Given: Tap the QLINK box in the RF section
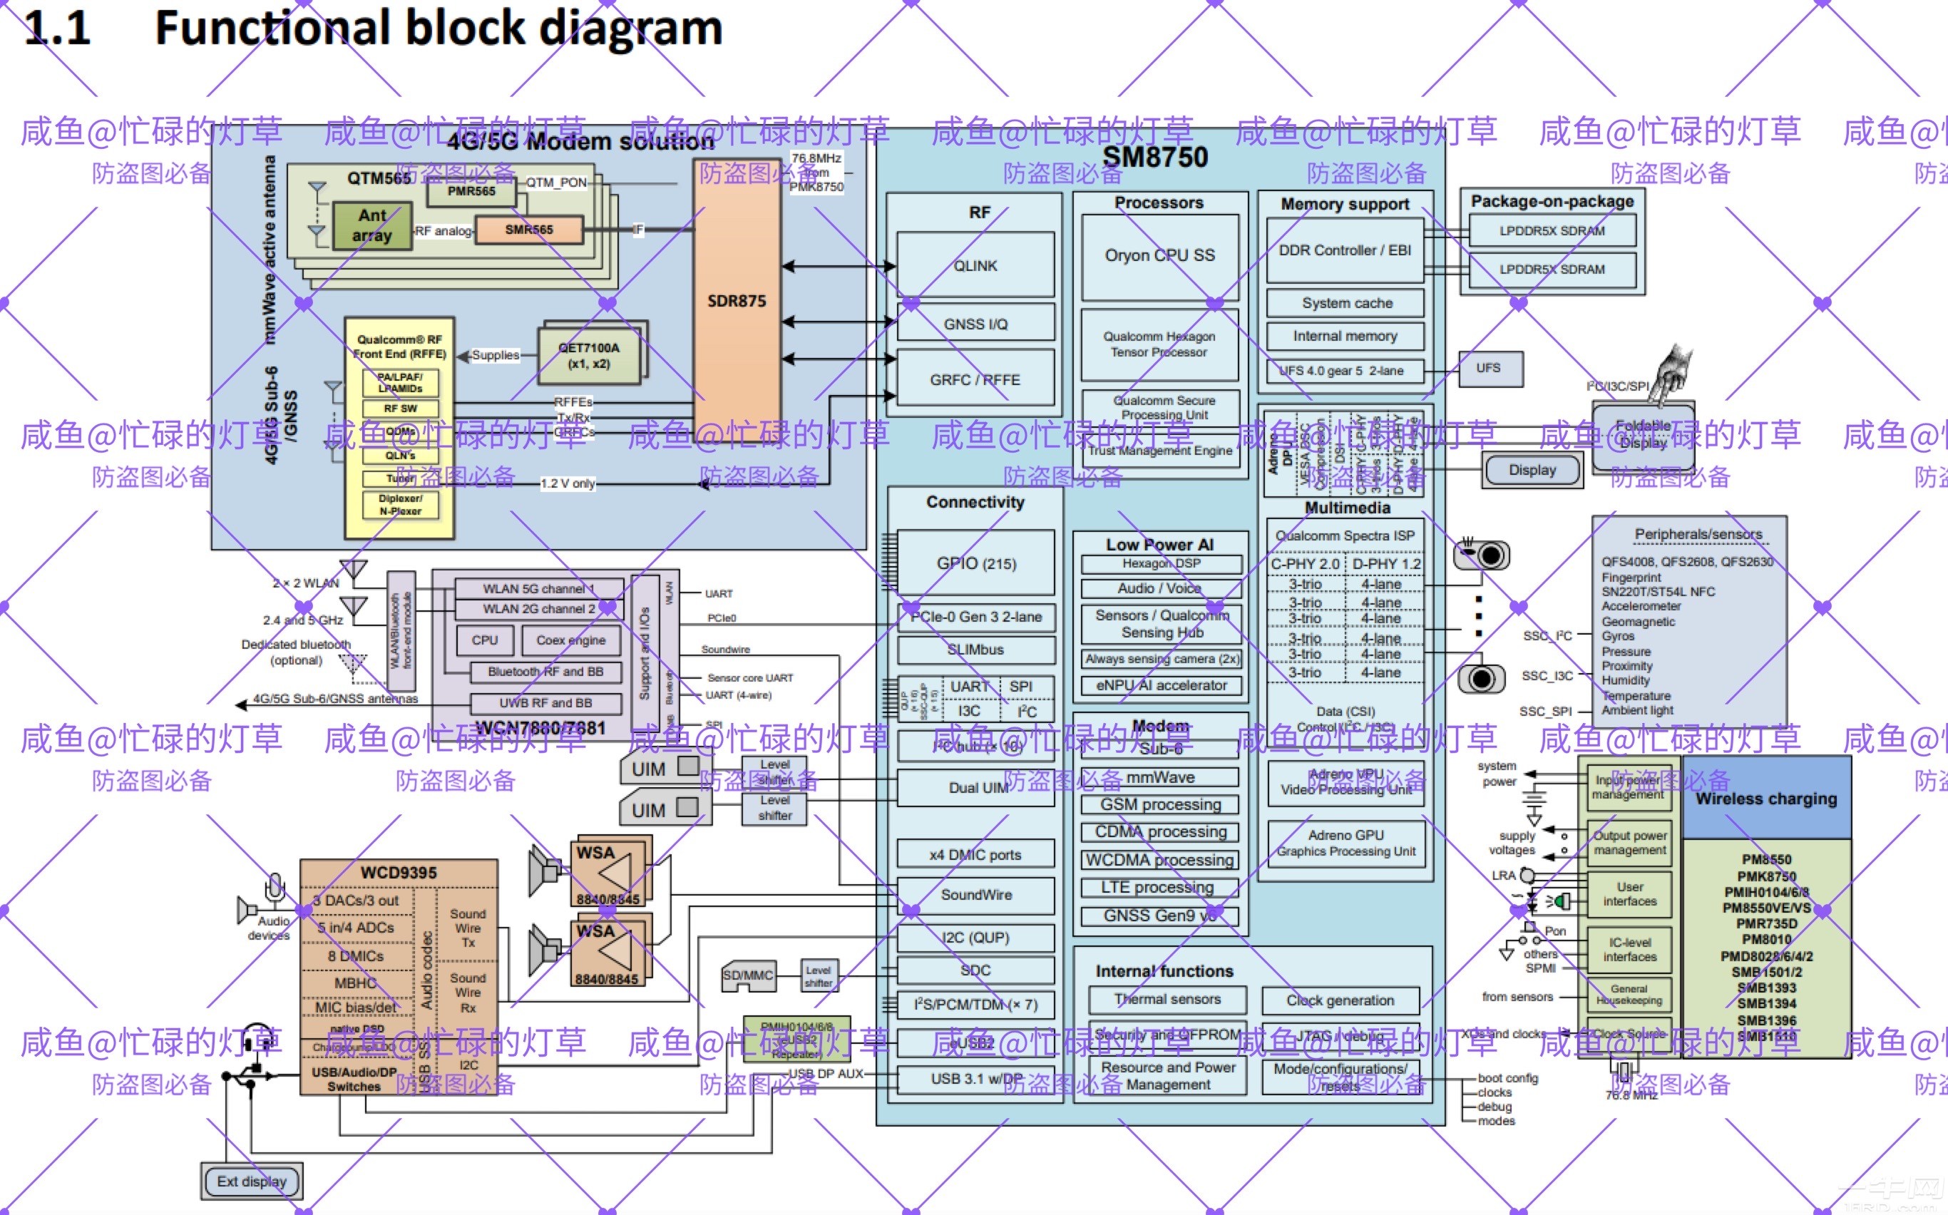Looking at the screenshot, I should point(975,265).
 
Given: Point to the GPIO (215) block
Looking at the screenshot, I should point(975,563).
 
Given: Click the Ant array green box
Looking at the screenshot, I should point(371,226).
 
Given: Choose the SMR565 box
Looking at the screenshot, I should point(529,230).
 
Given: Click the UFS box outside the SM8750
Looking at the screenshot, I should point(1487,368).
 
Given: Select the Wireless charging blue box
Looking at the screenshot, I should point(1765,799).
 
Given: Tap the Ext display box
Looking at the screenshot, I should point(252,1181).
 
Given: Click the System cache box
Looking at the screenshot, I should point(1347,303).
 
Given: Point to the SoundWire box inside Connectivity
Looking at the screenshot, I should point(975,894).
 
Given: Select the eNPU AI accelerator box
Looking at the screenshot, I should point(1162,685).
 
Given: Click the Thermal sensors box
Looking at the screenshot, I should point(1167,1000).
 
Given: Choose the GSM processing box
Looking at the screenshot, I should point(1159,804).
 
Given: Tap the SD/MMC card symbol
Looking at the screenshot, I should point(747,975).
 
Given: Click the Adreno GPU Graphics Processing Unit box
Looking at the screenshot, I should point(1346,843).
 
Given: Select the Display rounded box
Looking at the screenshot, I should point(1532,470).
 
